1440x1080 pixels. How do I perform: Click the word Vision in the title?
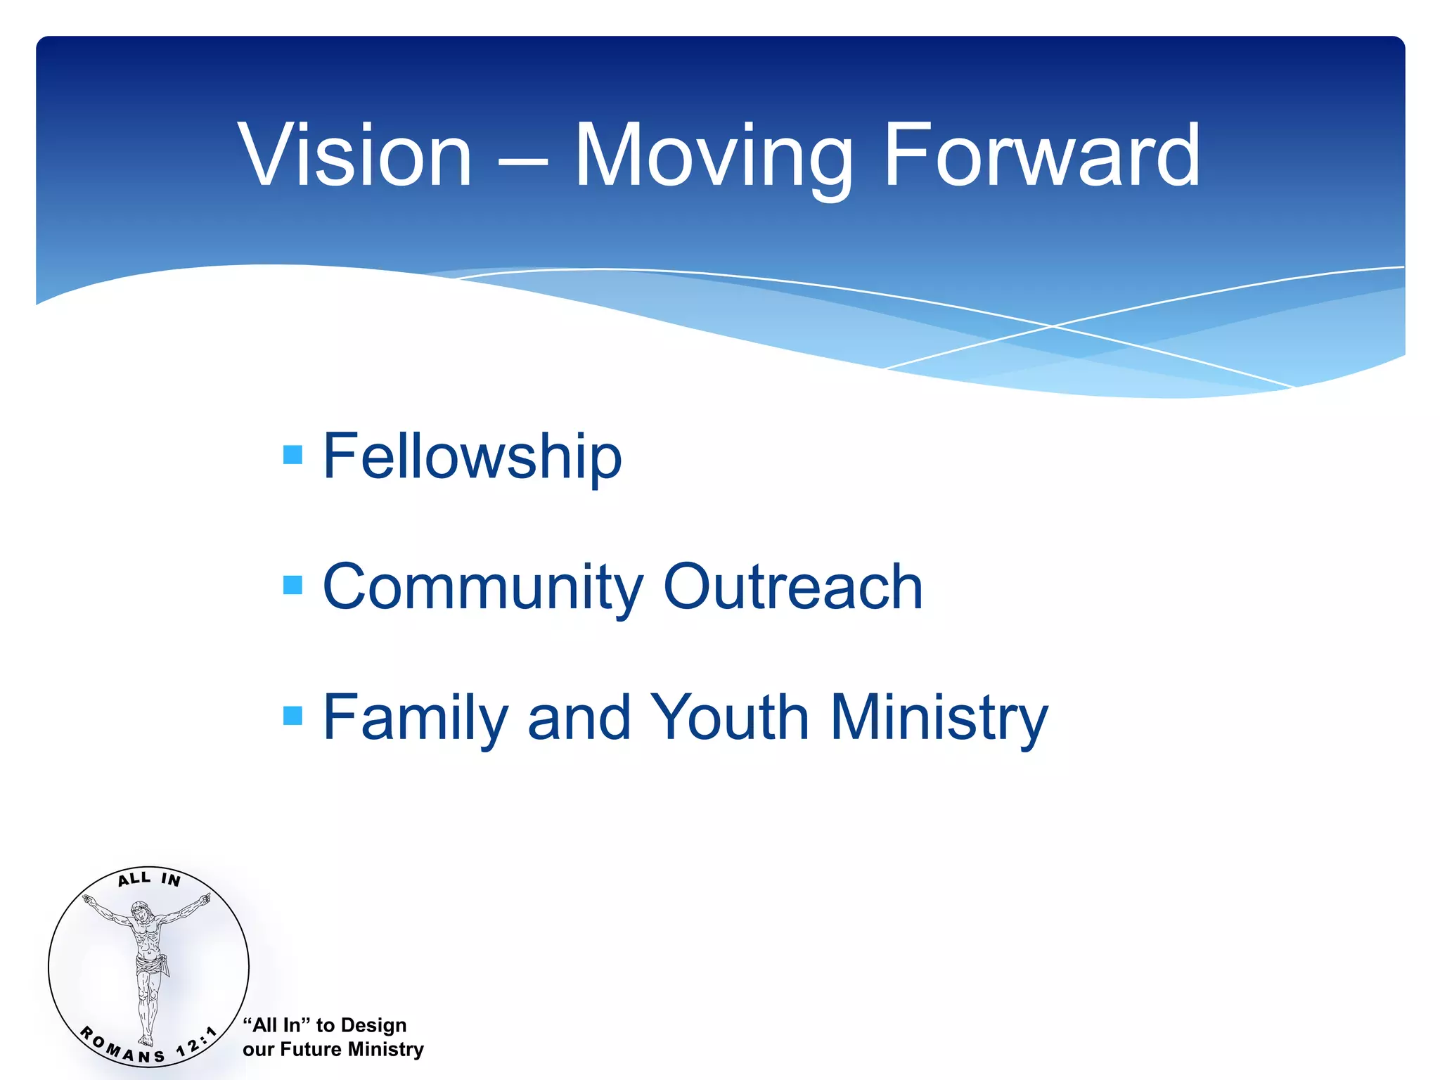point(355,155)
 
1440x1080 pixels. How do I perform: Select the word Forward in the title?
point(1041,155)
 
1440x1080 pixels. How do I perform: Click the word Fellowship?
point(472,456)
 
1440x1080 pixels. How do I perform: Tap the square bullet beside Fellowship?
point(292,455)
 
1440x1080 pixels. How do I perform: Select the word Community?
point(482,587)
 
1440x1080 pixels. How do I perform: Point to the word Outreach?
point(792,587)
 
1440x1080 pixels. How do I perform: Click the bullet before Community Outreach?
point(292,585)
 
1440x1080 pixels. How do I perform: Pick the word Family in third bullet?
point(415,719)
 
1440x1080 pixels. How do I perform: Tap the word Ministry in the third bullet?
point(939,719)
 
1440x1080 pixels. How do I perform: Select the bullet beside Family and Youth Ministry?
point(292,716)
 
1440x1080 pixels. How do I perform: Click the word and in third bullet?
point(579,719)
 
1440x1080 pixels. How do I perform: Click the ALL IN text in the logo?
point(149,879)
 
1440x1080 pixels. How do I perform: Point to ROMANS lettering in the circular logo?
point(120,1046)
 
